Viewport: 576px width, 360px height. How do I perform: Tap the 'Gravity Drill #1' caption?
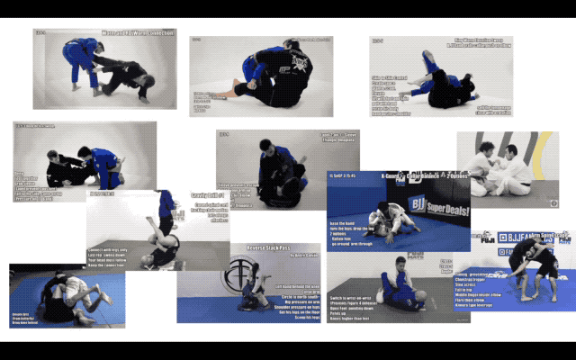point(206,193)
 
